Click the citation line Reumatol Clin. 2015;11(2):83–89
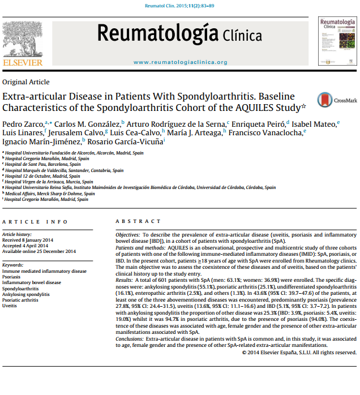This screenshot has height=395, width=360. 180,5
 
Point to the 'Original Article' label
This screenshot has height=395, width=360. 26,82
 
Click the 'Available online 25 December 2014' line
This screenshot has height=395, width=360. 39,251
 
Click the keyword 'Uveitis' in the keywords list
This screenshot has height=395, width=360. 10,306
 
